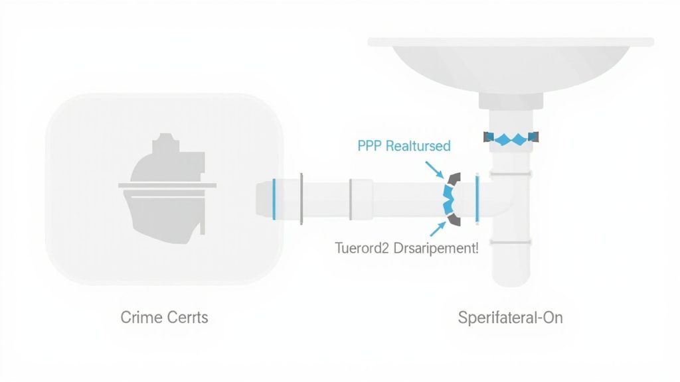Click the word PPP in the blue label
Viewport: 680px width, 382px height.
pos(371,146)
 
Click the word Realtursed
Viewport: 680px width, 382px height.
pos(418,146)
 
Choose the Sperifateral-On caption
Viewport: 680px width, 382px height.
pos(510,317)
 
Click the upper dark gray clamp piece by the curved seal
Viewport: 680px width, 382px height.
pos(456,179)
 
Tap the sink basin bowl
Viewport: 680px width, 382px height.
pos(509,66)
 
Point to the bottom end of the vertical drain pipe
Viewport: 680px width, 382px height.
pos(510,279)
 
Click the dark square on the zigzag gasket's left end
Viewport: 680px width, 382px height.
pos(488,137)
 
